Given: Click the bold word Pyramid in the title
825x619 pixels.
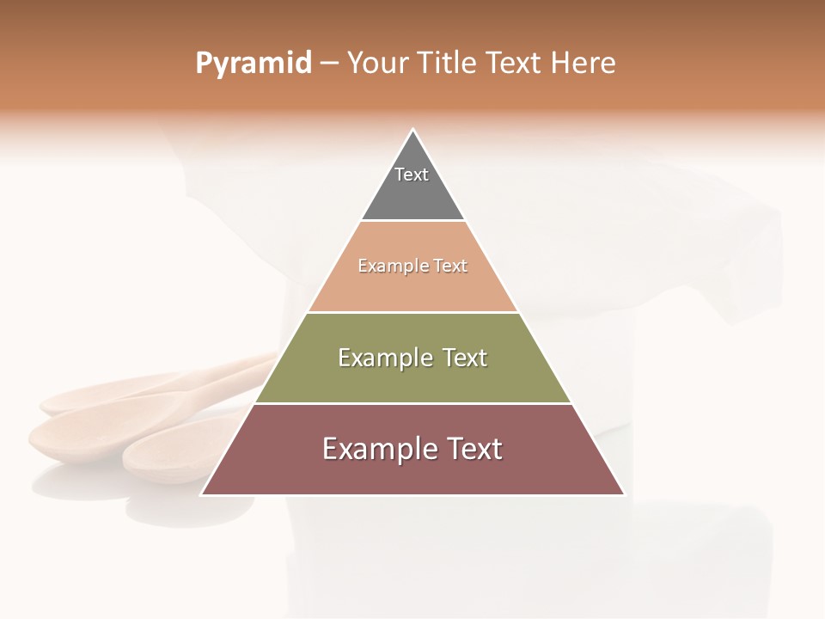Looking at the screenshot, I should point(254,63).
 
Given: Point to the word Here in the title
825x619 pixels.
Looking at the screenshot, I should point(584,63).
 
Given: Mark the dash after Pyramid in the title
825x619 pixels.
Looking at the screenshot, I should point(329,64).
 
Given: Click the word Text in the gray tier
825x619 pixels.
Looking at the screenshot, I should point(412,175).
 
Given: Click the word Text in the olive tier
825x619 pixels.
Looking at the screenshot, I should point(467,358).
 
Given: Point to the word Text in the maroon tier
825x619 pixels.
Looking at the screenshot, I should point(474,449).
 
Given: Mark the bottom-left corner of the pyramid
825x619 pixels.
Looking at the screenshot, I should point(203,494).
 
